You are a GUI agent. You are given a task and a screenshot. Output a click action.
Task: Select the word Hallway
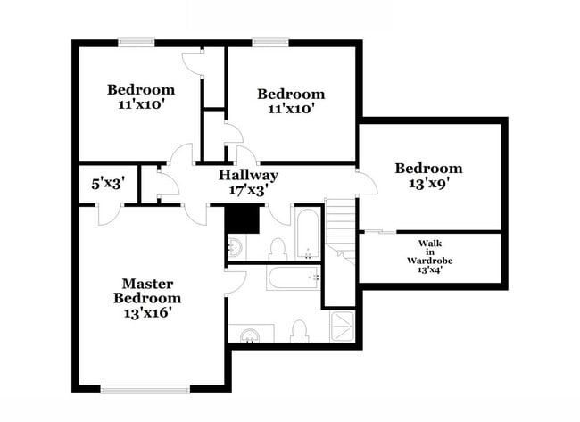click(249, 175)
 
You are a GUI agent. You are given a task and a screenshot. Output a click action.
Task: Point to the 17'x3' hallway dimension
click(249, 189)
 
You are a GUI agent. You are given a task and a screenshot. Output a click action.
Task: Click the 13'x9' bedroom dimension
click(429, 184)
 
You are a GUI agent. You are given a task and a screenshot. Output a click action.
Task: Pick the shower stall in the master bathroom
click(344, 327)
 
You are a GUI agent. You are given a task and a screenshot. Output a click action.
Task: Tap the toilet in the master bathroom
click(299, 330)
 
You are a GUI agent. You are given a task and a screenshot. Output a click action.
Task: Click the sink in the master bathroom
click(250, 335)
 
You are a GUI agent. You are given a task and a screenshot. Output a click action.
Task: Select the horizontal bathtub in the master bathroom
click(293, 278)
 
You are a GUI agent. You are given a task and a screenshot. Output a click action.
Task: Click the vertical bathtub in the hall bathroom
click(307, 233)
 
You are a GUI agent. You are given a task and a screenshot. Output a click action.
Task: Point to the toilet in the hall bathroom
click(277, 247)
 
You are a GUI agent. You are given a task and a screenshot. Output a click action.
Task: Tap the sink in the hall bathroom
click(236, 246)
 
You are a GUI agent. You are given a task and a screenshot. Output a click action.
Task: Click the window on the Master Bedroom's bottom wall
click(145, 388)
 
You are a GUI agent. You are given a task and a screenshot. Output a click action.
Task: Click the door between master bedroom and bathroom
click(234, 283)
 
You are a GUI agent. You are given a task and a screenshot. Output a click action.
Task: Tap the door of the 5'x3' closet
click(109, 213)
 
